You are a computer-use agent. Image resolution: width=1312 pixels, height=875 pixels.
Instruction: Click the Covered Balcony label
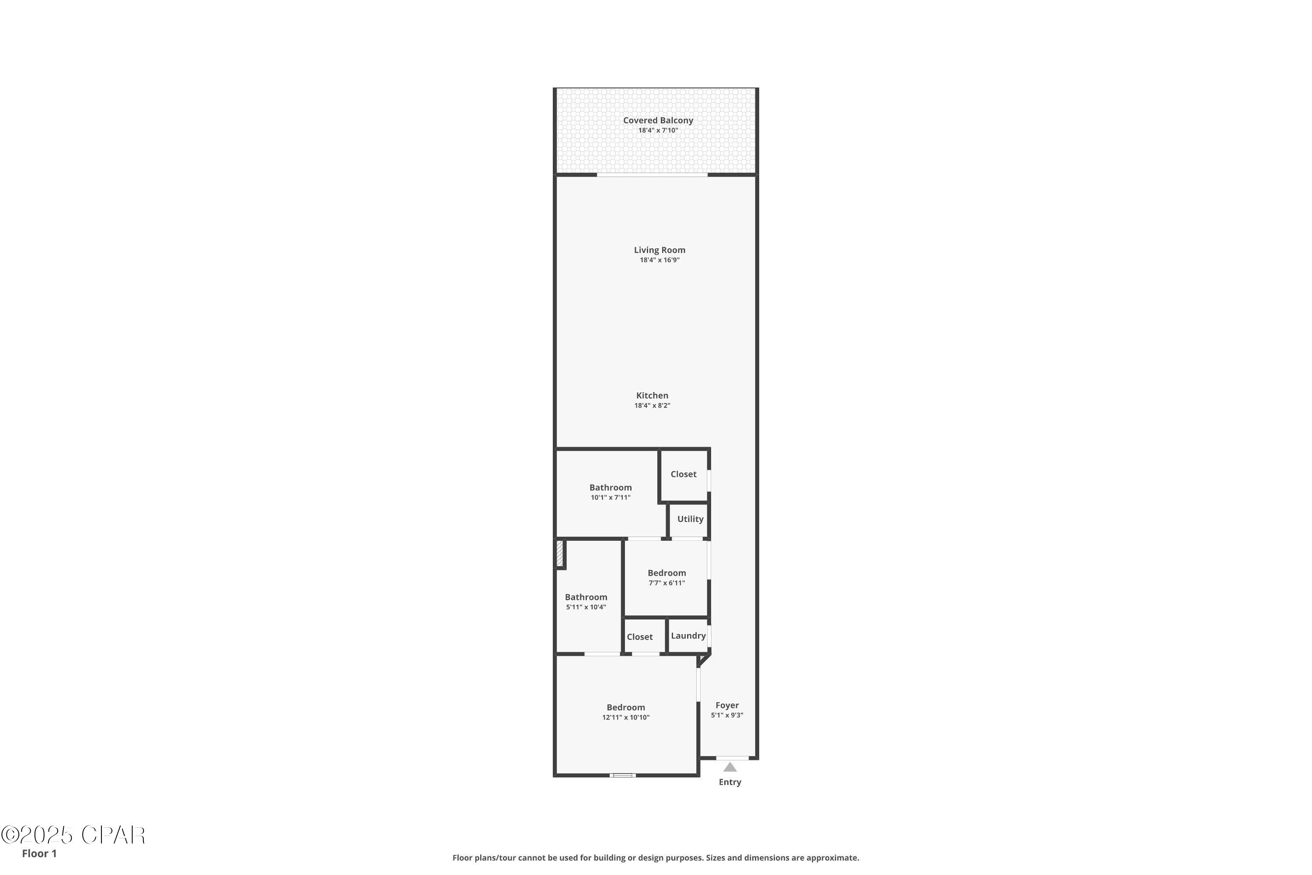click(x=658, y=120)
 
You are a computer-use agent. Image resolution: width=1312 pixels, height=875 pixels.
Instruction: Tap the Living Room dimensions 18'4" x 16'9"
click(x=659, y=260)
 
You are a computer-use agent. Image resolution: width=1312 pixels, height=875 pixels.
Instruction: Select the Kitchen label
click(x=652, y=395)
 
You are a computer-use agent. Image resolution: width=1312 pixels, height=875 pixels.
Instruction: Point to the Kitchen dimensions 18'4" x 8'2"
click(x=652, y=406)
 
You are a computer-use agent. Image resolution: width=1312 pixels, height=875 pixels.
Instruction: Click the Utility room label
click(x=690, y=519)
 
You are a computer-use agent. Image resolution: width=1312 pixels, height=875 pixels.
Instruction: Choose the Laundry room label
click(x=688, y=636)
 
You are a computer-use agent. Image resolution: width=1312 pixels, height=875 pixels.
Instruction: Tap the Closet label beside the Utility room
click(x=683, y=474)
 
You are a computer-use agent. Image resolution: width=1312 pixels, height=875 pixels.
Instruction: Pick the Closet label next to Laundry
click(x=639, y=637)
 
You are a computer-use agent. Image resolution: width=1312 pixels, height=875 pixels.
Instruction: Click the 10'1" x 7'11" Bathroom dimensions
click(x=610, y=498)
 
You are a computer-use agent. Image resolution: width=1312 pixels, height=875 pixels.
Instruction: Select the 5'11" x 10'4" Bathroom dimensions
click(x=586, y=607)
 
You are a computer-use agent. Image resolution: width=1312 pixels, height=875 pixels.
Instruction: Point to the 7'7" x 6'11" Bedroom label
click(x=666, y=573)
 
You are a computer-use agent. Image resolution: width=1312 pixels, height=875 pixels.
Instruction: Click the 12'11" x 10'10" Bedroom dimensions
click(x=626, y=717)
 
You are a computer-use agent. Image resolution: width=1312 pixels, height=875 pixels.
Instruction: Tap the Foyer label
click(x=727, y=705)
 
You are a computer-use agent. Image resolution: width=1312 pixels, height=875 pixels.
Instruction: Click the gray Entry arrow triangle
click(x=729, y=767)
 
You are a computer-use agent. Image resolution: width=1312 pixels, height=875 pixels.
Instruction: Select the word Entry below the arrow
click(x=729, y=782)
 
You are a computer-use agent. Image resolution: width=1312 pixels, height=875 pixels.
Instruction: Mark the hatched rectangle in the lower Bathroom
click(x=559, y=553)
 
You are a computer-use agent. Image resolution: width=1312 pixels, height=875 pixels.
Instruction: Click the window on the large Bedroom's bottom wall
click(x=622, y=775)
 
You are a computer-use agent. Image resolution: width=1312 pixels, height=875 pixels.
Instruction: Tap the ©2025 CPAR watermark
click(x=73, y=835)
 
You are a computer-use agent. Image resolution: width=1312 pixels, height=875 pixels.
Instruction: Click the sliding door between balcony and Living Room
click(x=652, y=175)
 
